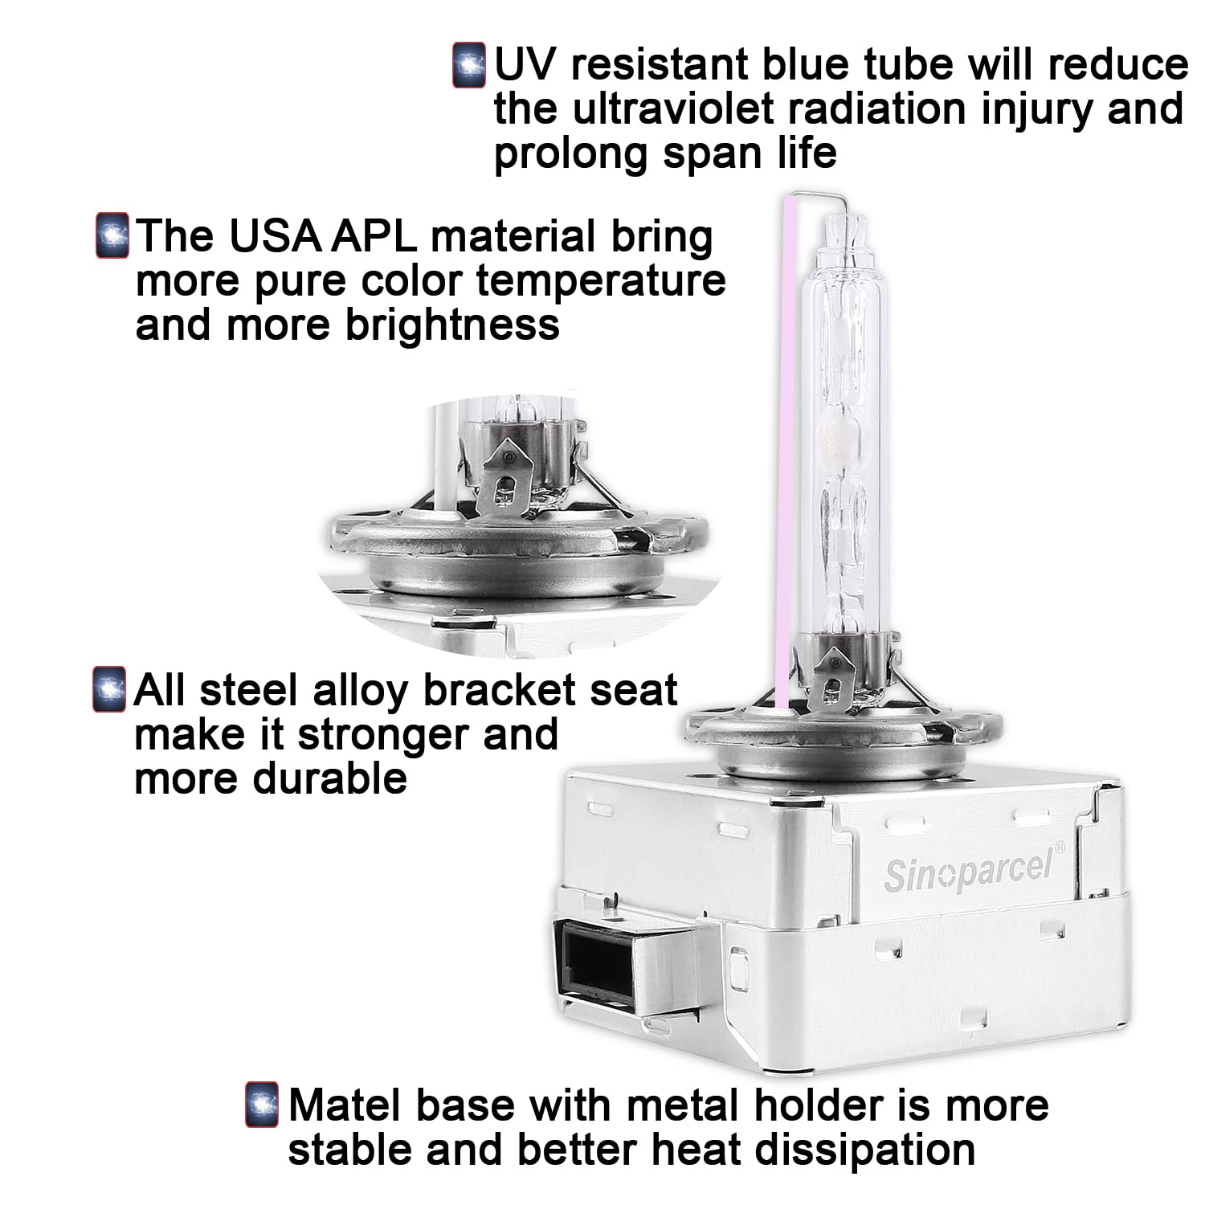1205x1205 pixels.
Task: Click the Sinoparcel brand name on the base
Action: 973,870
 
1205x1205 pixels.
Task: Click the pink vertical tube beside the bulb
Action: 789,450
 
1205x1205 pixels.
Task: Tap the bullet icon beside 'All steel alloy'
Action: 110,689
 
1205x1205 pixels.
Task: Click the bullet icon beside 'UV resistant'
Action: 469,64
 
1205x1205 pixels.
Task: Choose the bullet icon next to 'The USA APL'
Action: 112,235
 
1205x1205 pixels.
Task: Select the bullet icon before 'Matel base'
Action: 262,1105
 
